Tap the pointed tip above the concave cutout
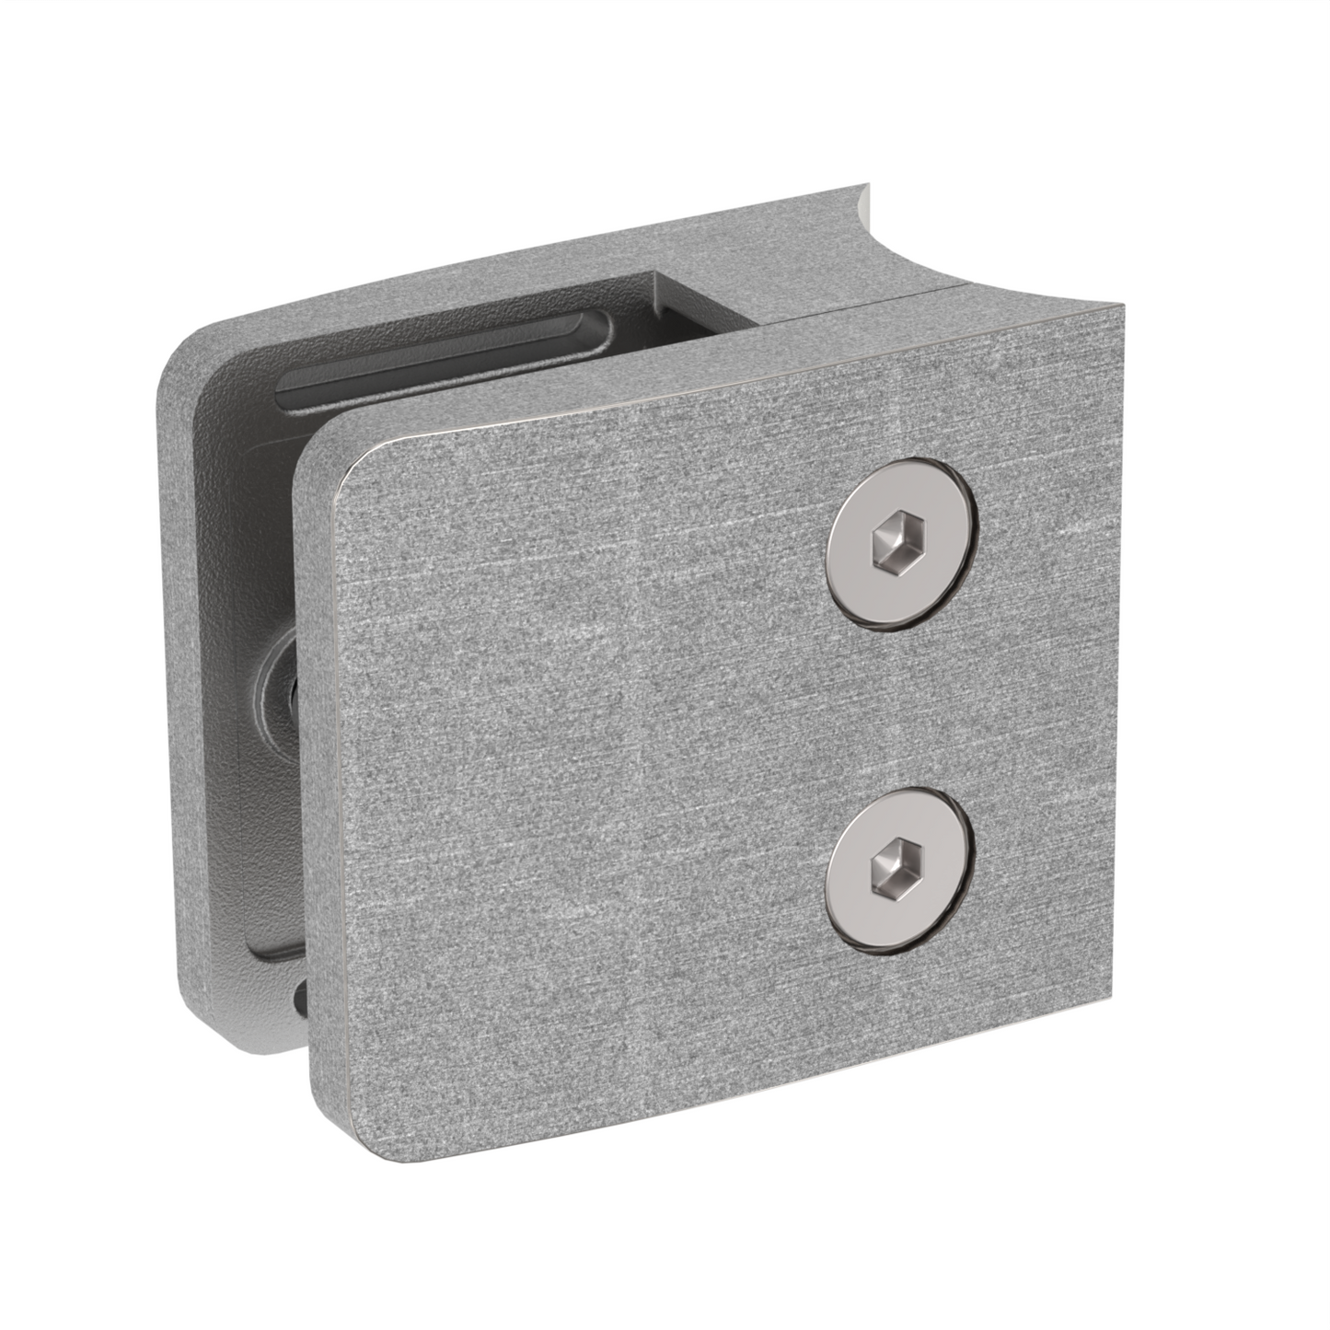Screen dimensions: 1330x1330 click(x=864, y=186)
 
